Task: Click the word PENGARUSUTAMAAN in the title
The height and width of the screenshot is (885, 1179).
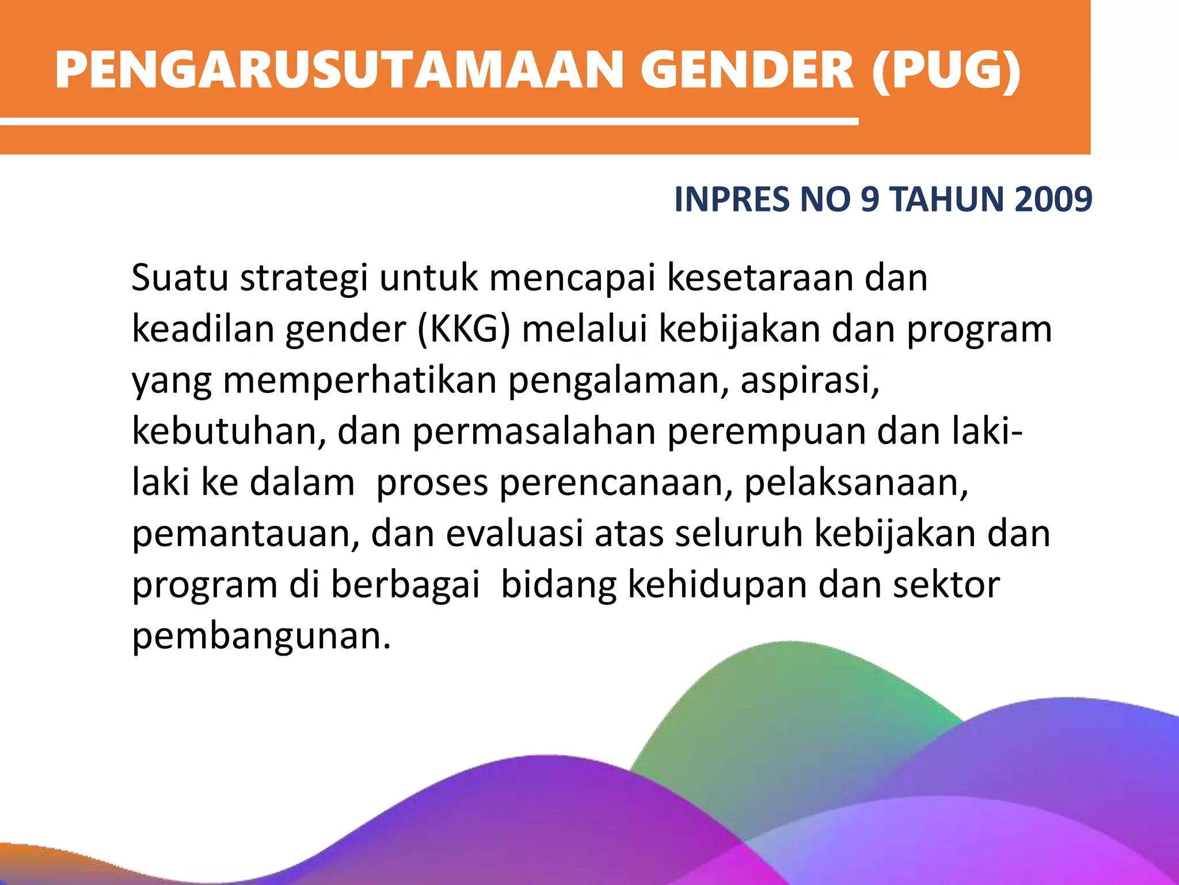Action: coord(340,70)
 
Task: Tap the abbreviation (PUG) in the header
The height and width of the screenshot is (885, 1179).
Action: coord(946,70)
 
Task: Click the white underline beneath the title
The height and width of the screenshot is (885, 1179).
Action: coord(429,122)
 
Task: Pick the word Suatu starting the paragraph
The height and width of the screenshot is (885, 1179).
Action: coord(180,278)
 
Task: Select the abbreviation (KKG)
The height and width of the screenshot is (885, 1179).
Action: coord(463,329)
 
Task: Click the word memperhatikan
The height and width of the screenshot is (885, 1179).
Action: coord(359,381)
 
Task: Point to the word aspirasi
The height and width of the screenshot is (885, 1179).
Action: coord(809,380)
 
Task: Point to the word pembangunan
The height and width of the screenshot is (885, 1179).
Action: coord(261,637)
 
